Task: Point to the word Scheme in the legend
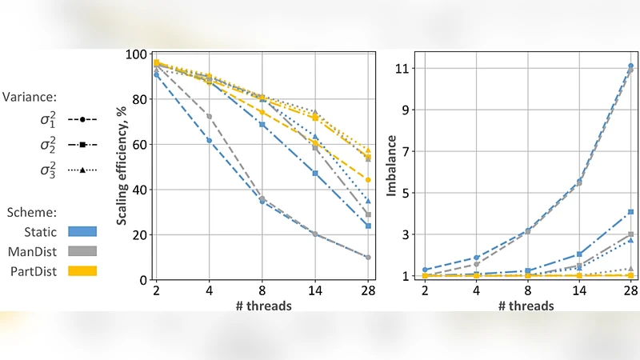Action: [27, 213]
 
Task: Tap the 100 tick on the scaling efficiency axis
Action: [138, 55]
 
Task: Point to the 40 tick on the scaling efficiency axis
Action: [141, 190]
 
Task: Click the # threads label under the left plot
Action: [261, 306]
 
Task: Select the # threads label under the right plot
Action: [526, 306]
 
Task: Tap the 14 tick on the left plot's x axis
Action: [315, 291]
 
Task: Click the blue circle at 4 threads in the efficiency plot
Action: [210, 140]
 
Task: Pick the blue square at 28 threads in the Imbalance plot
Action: [631, 212]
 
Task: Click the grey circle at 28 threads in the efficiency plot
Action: [368, 258]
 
